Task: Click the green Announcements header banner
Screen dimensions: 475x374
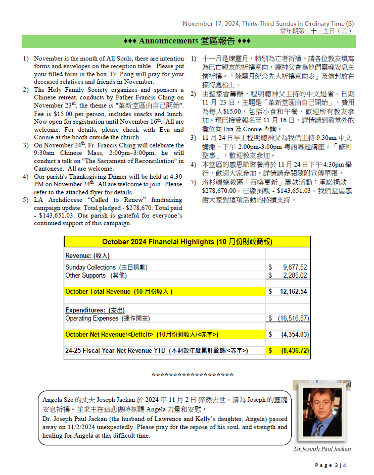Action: point(187,41)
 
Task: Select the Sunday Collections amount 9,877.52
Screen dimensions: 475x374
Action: point(295,267)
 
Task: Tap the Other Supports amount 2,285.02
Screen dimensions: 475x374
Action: point(295,275)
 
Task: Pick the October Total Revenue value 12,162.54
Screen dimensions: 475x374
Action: point(293,291)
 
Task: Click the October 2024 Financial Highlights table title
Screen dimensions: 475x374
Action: point(187,242)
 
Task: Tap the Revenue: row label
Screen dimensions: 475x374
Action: point(87,256)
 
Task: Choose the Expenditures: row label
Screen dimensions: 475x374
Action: point(95,310)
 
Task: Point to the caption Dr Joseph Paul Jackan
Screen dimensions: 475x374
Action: point(322,449)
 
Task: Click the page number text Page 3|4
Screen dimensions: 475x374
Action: point(331,465)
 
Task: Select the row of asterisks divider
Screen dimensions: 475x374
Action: point(193,375)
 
